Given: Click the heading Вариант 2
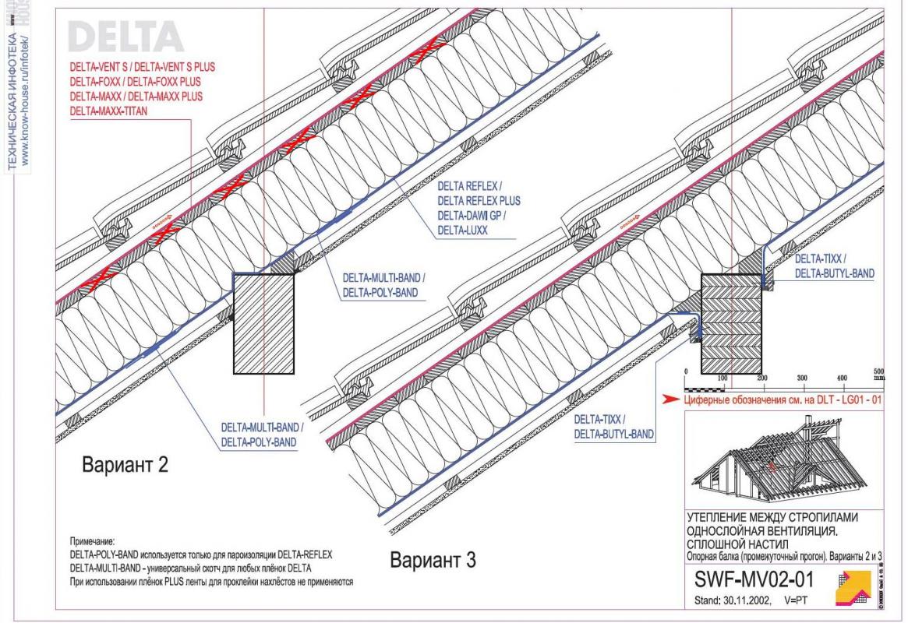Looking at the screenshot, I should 127,466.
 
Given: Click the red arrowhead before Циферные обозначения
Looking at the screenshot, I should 669,399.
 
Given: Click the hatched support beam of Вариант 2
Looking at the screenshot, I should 266,322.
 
